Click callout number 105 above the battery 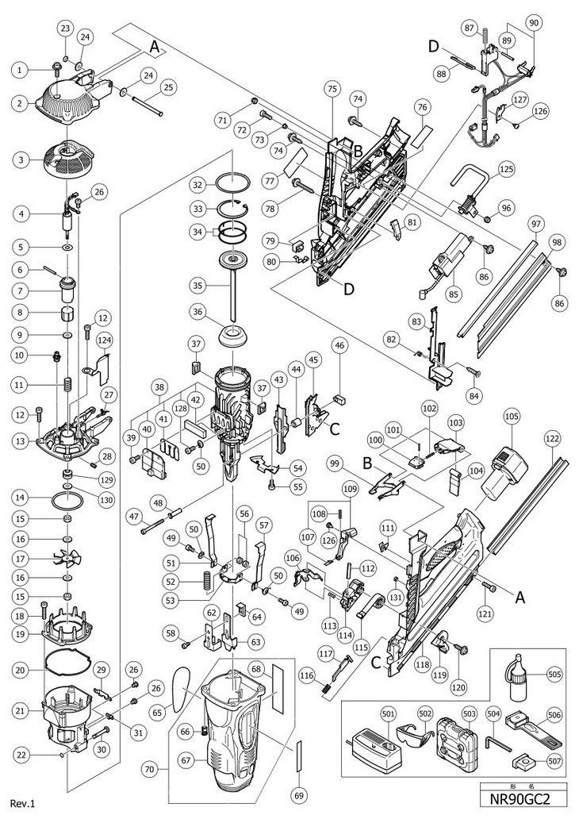[511, 415]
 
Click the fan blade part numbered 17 [66, 559]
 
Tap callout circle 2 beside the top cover [19, 102]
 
